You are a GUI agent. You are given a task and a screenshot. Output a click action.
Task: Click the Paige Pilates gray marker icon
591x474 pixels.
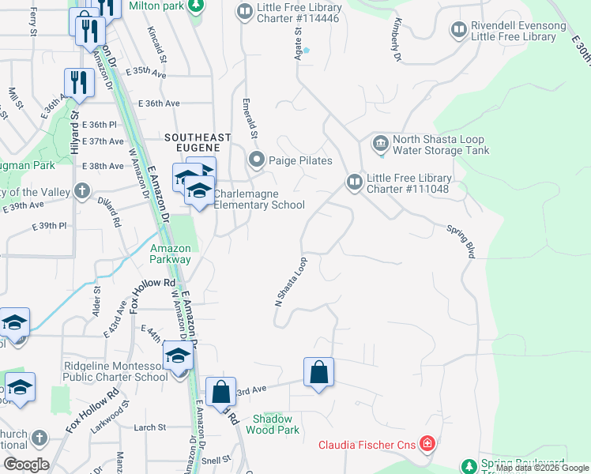point(256,160)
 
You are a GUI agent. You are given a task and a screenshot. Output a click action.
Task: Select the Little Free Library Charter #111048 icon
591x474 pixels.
point(354,182)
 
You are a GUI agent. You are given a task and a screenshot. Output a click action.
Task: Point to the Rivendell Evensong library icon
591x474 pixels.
point(458,31)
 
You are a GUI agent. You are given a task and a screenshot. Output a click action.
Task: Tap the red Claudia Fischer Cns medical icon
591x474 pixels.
point(427,444)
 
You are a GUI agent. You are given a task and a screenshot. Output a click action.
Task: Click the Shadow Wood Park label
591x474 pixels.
point(273,424)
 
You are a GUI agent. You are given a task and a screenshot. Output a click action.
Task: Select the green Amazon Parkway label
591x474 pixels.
point(171,254)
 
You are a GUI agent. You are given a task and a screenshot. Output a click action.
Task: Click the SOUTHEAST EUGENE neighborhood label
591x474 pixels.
point(198,137)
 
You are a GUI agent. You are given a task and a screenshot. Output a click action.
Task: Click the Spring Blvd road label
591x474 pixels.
point(460,242)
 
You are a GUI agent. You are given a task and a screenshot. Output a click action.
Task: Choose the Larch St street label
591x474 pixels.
point(149,427)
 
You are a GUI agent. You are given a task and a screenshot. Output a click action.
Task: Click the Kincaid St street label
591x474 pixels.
point(157,43)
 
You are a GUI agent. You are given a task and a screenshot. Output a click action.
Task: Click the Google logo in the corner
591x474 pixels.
point(25,465)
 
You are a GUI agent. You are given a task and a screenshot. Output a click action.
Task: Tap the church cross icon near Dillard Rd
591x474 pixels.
point(81,191)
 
